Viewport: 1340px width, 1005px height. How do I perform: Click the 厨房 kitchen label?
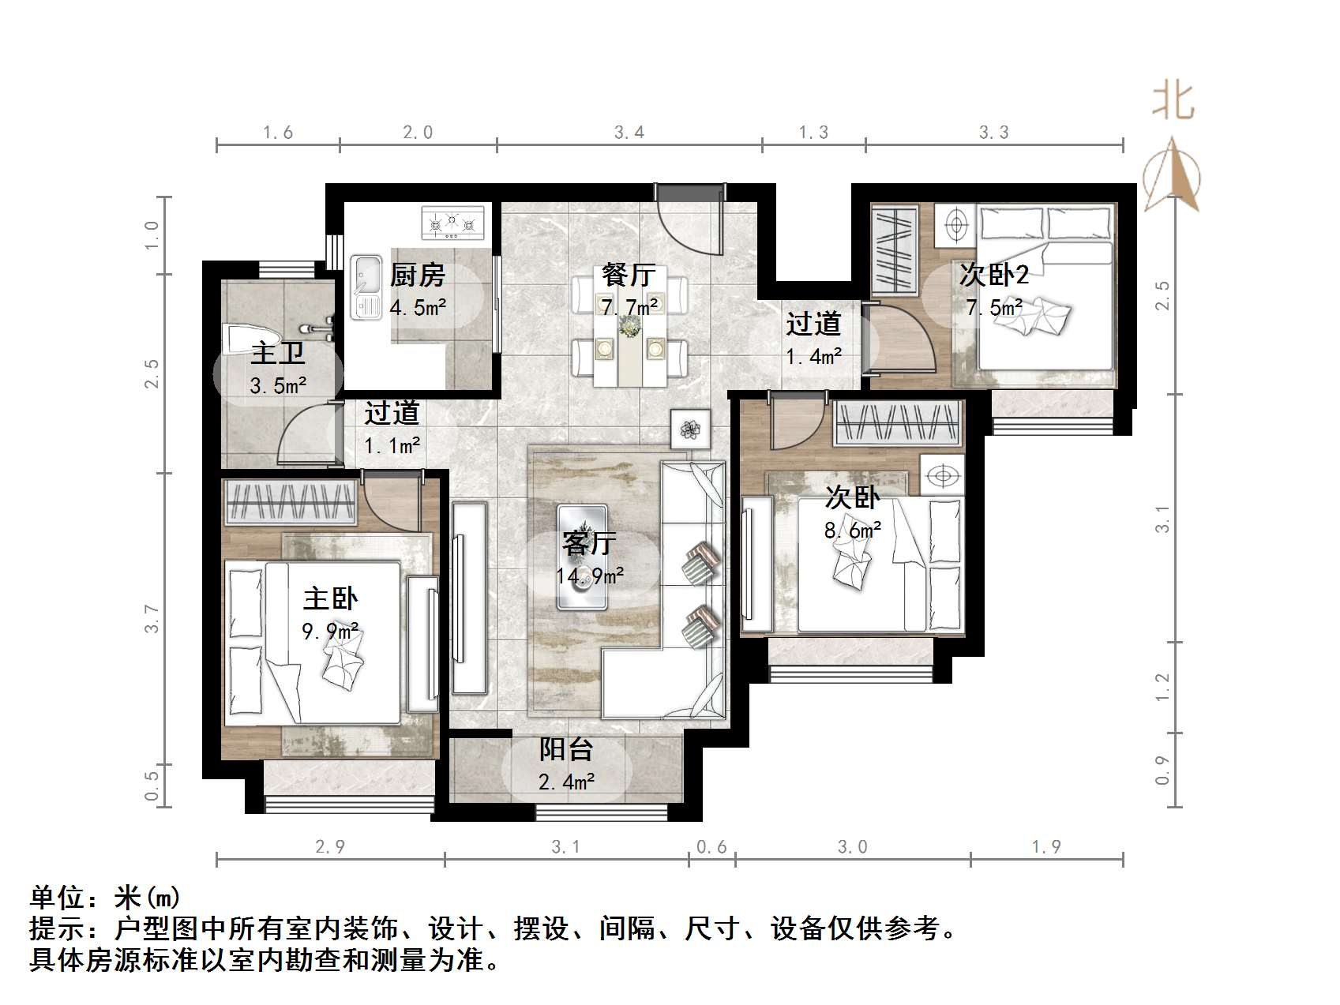click(418, 275)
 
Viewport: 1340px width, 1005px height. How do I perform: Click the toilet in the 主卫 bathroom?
click(240, 339)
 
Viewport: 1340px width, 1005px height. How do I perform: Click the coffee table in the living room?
click(582, 557)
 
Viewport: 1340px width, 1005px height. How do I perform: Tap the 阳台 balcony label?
click(565, 749)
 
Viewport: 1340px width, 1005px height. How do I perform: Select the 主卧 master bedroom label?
click(331, 598)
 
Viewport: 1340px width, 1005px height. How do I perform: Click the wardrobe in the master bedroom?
click(291, 502)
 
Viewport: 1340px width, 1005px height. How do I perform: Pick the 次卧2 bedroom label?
click(994, 275)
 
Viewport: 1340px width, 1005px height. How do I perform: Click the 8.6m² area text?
click(852, 531)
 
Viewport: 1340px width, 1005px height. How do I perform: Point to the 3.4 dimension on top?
click(629, 133)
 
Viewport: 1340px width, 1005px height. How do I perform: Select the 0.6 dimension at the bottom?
click(711, 847)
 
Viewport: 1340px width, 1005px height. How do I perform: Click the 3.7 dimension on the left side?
click(152, 618)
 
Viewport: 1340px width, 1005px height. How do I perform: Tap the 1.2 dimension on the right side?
click(1162, 687)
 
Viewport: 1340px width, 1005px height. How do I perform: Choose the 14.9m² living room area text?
click(590, 576)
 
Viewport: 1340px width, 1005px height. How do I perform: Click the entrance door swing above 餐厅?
click(687, 225)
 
